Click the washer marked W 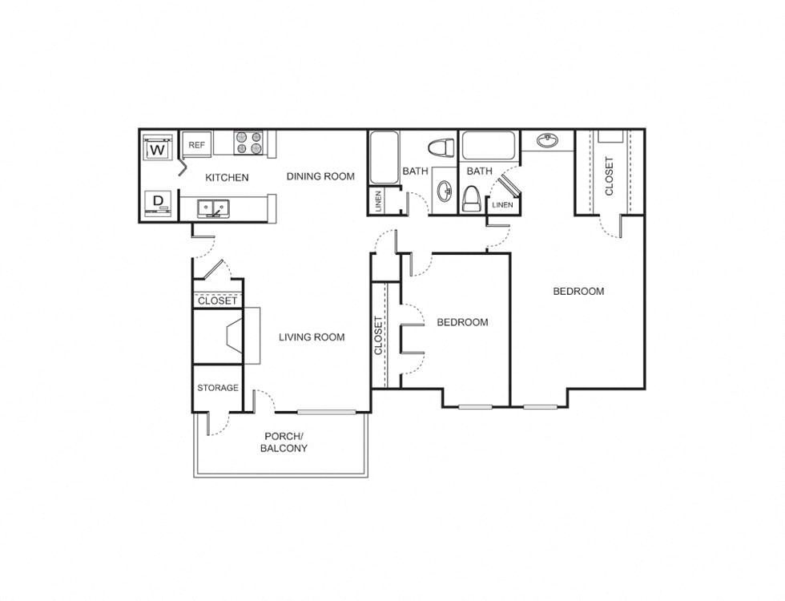tap(158, 149)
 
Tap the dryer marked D tap(158, 202)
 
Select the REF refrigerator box tap(197, 145)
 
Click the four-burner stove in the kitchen tap(248, 143)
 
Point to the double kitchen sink tap(213, 208)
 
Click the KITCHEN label tap(227, 177)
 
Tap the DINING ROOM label tap(320, 176)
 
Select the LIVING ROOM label tap(312, 337)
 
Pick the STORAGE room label tap(218, 388)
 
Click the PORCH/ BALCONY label tap(284, 442)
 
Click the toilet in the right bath tap(471, 197)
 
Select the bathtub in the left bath tap(384, 158)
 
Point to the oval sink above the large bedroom tap(548, 141)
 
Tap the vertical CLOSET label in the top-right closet tap(610, 175)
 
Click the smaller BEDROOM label tap(462, 322)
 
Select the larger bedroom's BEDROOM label tap(578, 291)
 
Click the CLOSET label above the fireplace tap(217, 301)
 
